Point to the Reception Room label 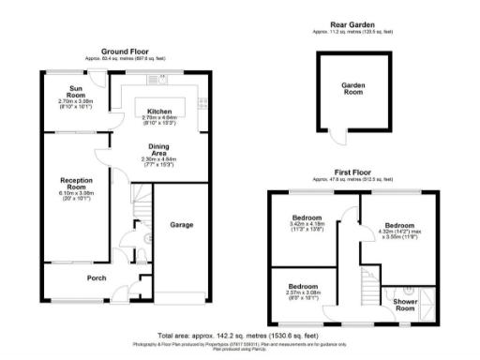click(75, 183)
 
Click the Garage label click(181, 225)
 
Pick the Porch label click(97, 277)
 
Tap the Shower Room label click(406, 305)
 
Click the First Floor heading click(353, 172)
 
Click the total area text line click(239, 335)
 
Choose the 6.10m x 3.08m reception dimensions click(76, 194)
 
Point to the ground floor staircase click(139, 199)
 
